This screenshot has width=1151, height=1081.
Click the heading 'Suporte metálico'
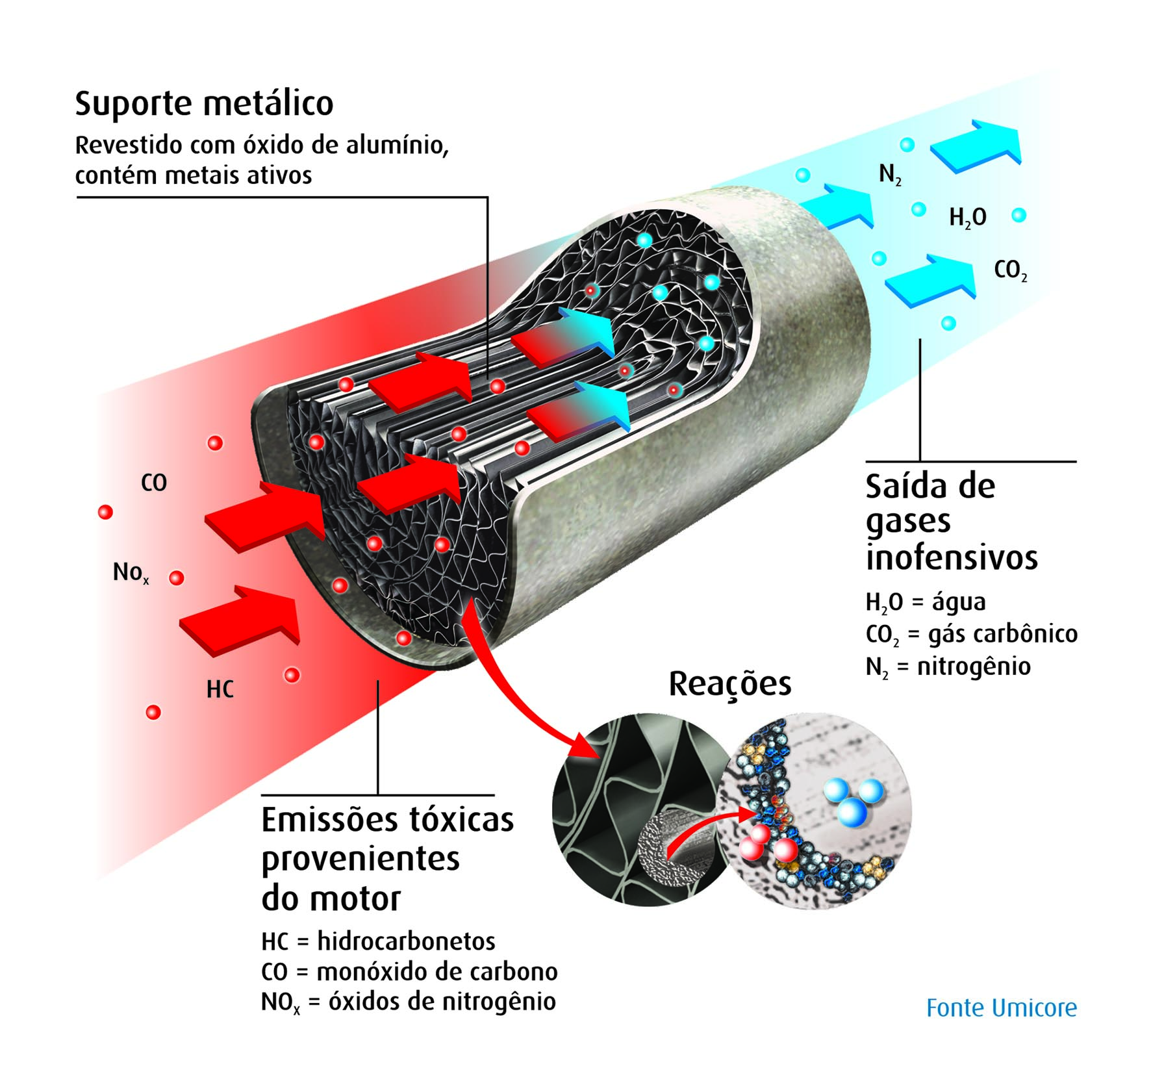click(204, 104)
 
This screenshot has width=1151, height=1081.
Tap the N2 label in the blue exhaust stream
click(890, 174)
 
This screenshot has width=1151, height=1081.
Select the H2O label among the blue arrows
click(967, 218)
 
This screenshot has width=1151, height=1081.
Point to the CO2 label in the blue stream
click(1010, 270)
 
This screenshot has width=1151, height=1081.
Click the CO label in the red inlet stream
click(154, 483)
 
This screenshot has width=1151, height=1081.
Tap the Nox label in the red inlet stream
click(131, 573)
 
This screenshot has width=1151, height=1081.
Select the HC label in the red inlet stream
click(220, 689)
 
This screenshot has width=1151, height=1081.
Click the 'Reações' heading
click(730, 684)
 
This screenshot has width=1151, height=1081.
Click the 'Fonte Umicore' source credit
click(1001, 1008)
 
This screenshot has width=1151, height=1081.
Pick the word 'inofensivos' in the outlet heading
click(952, 557)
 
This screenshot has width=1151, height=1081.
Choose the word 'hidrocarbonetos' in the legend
click(406, 941)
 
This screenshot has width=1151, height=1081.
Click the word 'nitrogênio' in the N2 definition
click(974, 667)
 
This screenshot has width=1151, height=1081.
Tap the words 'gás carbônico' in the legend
click(1003, 633)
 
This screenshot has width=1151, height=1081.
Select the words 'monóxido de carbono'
click(436, 972)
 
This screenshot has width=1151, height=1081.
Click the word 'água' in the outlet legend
click(959, 602)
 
